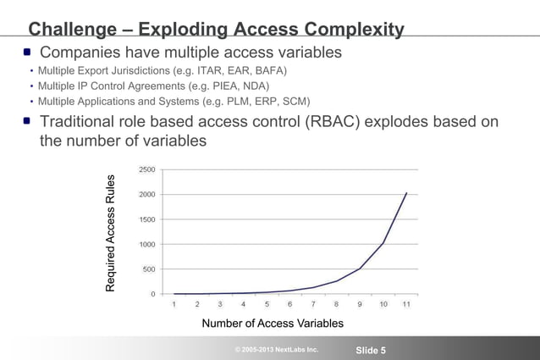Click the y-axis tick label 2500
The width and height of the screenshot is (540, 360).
pos(147,169)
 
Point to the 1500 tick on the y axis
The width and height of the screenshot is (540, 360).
pos(147,219)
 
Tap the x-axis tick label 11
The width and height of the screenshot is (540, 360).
pos(406,303)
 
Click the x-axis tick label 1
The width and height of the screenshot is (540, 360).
pos(174,303)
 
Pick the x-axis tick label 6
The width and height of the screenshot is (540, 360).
pos(290,303)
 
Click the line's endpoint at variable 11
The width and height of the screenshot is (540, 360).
pos(406,193)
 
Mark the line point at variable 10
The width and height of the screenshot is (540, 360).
pos(383,243)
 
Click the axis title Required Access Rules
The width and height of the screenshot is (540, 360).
pos(110,233)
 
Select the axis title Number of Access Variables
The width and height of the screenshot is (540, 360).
pos(273,324)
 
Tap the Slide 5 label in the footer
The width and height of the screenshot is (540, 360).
pos(371,351)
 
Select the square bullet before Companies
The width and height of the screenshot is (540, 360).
pos(27,53)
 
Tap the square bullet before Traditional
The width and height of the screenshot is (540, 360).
pos(27,122)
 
